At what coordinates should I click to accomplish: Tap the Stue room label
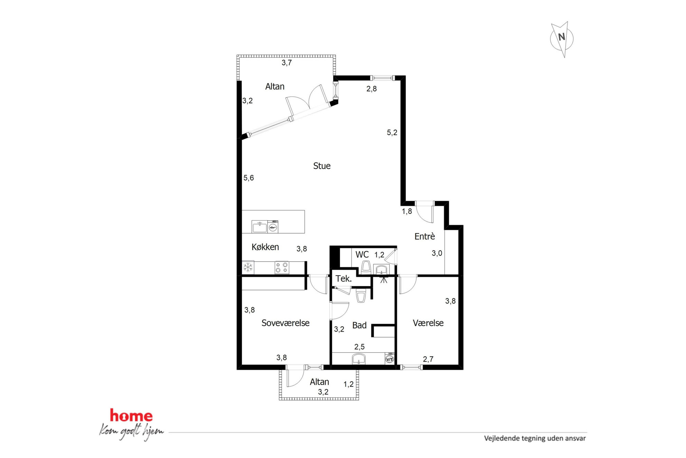322,166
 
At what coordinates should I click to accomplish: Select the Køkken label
265,247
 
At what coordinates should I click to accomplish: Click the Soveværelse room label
285,323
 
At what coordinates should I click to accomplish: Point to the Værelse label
428,323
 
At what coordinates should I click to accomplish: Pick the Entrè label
425,236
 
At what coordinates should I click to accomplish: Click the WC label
362,254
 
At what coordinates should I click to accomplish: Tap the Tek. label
344,279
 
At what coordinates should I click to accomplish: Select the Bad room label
359,325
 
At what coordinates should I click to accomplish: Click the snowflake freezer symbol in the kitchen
248,267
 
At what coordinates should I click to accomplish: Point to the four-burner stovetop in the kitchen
282,268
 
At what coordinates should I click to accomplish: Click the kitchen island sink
259,227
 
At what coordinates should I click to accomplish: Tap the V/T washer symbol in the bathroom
390,359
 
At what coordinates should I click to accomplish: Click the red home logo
131,416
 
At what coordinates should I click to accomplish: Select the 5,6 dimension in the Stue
249,178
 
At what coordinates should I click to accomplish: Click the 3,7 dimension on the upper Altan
287,63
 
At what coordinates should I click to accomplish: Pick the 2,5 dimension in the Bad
359,347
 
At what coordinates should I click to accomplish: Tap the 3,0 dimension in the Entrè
437,253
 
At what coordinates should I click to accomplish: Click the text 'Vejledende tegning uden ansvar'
535,438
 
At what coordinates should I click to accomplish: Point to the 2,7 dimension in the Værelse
428,359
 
